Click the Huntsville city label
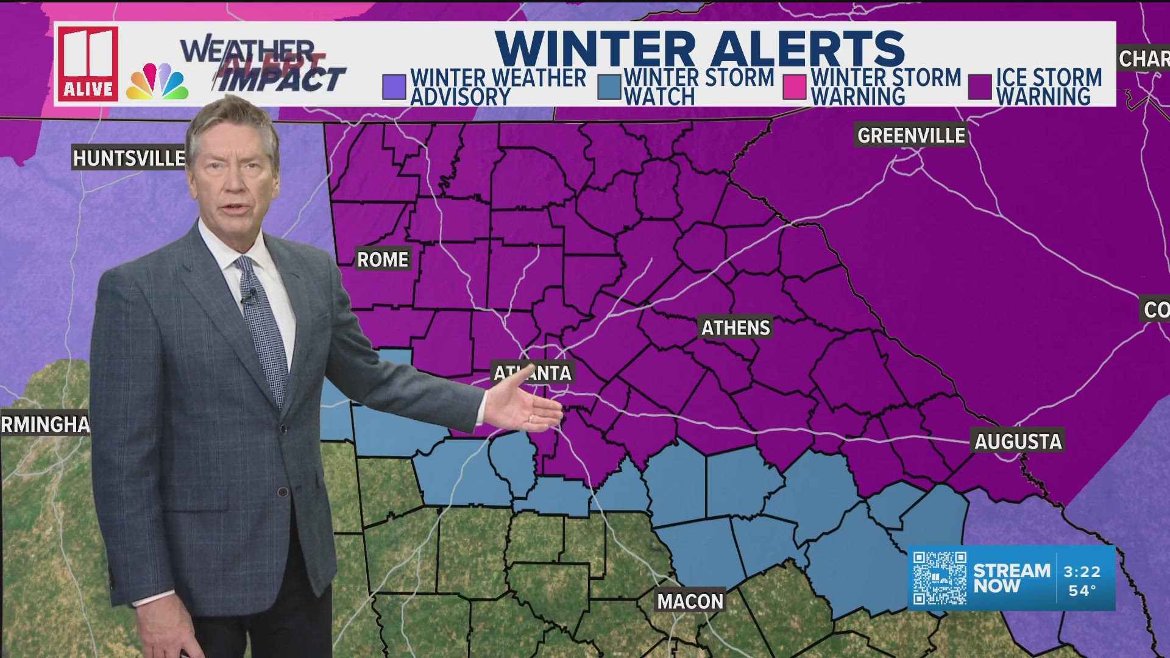(x=129, y=158)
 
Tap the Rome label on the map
(x=383, y=260)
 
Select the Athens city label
(x=736, y=328)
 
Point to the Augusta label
(x=1018, y=441)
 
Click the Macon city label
(x=690, y=601)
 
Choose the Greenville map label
(x=911, y=135)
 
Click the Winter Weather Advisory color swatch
(x=394, y=87)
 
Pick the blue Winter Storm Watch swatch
(x=609, y=87)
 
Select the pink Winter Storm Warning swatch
(x=795, y=87)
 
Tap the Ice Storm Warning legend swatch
(x=980, y=87)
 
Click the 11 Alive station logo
(x=88, y=63)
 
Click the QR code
(x=939, y=578)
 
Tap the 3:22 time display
(x=1082, y=571)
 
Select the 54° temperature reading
(x=1082, y=590)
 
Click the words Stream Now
(x=1011, y=578)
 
